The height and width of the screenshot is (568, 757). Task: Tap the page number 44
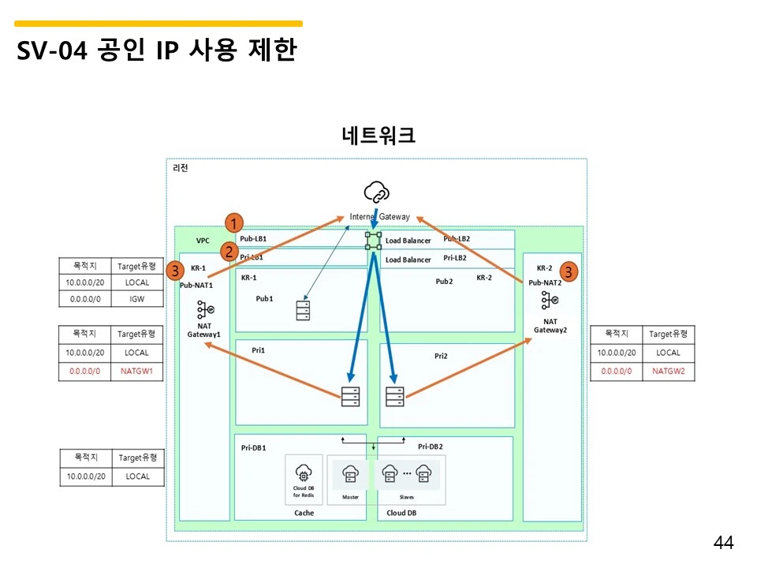723,543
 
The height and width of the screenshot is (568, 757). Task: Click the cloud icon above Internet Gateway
376,192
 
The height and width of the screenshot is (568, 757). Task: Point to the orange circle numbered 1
234,223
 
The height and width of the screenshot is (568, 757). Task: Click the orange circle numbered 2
229,252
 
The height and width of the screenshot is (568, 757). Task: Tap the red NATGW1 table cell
136,370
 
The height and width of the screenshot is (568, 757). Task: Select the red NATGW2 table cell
668,370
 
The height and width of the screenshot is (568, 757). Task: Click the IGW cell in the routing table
136,299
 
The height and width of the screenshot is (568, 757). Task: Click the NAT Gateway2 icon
550,301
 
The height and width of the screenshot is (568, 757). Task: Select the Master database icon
350,474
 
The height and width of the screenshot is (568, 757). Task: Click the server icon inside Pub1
303,310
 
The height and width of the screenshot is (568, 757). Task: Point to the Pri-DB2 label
435,447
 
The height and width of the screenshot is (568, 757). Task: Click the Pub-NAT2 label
545,282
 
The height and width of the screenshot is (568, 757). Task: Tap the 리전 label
181,168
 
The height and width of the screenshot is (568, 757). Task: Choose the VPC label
203,241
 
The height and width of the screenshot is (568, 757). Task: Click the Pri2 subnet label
441,356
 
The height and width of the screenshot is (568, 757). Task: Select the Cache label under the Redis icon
304,513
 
